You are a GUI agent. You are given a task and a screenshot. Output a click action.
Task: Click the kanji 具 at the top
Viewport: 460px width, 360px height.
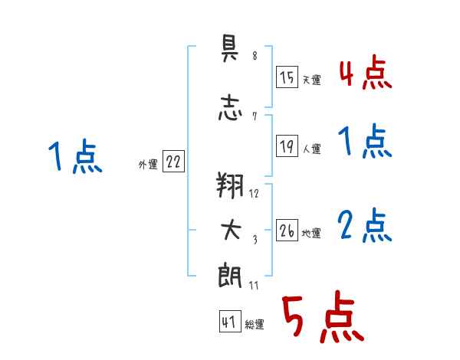[229, 47]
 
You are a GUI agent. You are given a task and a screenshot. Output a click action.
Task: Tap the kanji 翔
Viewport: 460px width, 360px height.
[230, 185]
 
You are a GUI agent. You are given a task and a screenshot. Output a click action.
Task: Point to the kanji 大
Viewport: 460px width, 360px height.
[231, 230]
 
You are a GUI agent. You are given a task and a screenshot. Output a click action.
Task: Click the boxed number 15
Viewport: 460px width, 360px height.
[287, 77]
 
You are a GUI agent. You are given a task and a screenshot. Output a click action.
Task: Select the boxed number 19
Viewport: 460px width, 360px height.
[287, 146]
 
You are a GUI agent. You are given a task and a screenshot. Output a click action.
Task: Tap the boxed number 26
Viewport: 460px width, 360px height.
[287, 230]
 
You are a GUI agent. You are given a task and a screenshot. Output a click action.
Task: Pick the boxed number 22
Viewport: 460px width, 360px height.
[173, 161]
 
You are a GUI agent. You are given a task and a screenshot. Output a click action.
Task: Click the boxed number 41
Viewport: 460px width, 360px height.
[230, 321]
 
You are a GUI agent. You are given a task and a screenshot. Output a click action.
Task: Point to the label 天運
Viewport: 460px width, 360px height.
[311, 80]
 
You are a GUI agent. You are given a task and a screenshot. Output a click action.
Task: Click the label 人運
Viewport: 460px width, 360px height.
[311, 149]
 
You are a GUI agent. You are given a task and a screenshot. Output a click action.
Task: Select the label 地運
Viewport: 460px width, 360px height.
[311, 234]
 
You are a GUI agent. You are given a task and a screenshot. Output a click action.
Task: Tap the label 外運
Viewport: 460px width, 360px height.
[148, 165]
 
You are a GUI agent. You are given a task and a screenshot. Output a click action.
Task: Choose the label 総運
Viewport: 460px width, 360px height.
[255, 325]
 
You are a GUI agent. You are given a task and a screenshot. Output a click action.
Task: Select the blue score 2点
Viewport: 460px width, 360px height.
[365, 225]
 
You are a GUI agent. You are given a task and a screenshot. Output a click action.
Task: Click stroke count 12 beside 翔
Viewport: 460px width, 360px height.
[254, 194]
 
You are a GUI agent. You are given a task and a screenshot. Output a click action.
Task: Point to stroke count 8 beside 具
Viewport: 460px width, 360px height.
[255, 55]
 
